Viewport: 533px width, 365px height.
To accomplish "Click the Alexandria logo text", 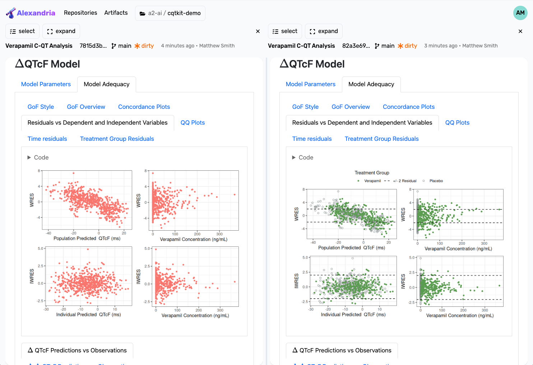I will [36, 13].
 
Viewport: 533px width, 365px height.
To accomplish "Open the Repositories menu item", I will [80, 13].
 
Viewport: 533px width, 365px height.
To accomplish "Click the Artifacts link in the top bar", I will [116, 13].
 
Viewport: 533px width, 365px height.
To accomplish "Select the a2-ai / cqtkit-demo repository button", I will [170, 13].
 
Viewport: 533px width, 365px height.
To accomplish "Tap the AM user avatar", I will [520, 13].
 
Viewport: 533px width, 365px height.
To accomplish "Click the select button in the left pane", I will [22, 31].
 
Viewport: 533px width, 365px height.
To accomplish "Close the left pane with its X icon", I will [258, 31].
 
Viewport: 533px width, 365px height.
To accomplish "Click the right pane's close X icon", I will [520, 31].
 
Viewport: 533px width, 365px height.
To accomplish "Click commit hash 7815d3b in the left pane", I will [93, 46].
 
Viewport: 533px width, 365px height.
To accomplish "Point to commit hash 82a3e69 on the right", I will [356, 46].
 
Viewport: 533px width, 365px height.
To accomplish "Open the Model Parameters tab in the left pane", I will [46, 84].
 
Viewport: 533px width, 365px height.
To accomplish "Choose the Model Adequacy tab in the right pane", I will [371, 84].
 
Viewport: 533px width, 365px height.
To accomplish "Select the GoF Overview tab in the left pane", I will [86, 107].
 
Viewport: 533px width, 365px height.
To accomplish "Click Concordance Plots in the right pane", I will [408, 107].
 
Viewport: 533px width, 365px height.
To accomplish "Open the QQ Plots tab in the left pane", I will [193, 123].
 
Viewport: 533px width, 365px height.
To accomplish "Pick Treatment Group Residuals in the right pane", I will [381, 139].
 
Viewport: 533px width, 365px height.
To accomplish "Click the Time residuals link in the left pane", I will [47, 139].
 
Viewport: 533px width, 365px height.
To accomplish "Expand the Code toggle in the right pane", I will [302, 157].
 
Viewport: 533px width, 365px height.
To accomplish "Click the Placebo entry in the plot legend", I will [436, 181].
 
